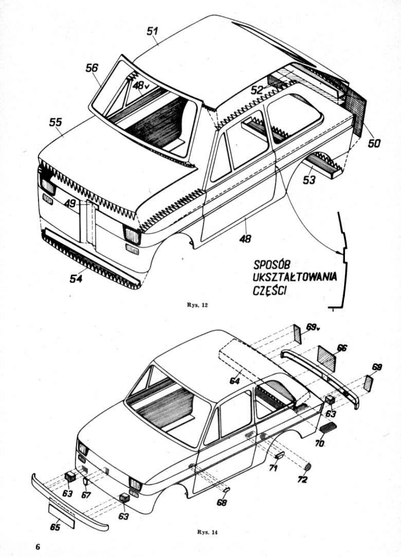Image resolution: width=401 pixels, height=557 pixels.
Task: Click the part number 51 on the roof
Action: (x=153, y=31)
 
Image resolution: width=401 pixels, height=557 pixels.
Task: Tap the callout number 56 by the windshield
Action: (x=92, y=68)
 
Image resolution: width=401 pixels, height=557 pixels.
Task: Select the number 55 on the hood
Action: (x=56, y=123)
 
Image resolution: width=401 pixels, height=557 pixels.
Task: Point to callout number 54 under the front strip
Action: (x=76, y=278)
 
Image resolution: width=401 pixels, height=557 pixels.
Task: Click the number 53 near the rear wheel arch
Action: (x=309, y=180)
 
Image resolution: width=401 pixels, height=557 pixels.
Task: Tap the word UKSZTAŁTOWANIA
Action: (x=295, y=278)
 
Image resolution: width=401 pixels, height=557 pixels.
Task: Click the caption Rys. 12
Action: (x=198, y=305)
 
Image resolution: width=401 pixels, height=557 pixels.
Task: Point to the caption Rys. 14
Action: (x=208, y=532)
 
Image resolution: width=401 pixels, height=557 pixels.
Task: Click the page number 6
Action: (x=38, y=546)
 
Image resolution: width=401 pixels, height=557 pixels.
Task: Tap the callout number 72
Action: (x=303, y=480)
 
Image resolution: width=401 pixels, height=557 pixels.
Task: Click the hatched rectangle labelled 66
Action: (x=326, y=359)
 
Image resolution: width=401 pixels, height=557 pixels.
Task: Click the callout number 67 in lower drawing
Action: (x=86, y=494)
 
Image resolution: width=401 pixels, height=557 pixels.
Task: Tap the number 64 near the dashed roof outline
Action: (x=234, y=381)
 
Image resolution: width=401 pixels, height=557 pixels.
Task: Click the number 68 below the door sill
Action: (x=222, y=502)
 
